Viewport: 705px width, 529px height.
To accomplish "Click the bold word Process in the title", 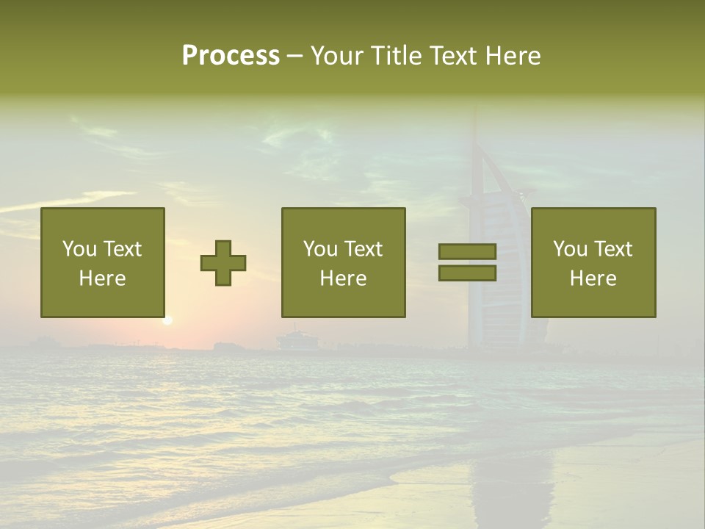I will (231, 56).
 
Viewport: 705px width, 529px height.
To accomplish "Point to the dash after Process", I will (295, 57).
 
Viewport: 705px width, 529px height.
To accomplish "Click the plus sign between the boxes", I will (223, 263).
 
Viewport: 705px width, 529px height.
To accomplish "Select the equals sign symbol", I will (467, 262).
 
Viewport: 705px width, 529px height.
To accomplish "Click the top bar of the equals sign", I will (467, 252).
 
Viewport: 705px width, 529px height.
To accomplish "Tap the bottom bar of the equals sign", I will (467, 273).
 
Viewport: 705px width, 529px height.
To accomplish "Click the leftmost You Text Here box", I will (103, 262).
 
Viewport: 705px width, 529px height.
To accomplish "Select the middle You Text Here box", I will (343, 262).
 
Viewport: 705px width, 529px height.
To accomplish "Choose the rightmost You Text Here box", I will (593, 262).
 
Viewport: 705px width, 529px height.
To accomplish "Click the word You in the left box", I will (80, 249).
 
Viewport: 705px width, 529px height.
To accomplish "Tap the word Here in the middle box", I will (343, 278).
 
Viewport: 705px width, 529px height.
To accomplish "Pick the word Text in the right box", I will (612, 249).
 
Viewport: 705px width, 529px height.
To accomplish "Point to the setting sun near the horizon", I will (167, 320).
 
